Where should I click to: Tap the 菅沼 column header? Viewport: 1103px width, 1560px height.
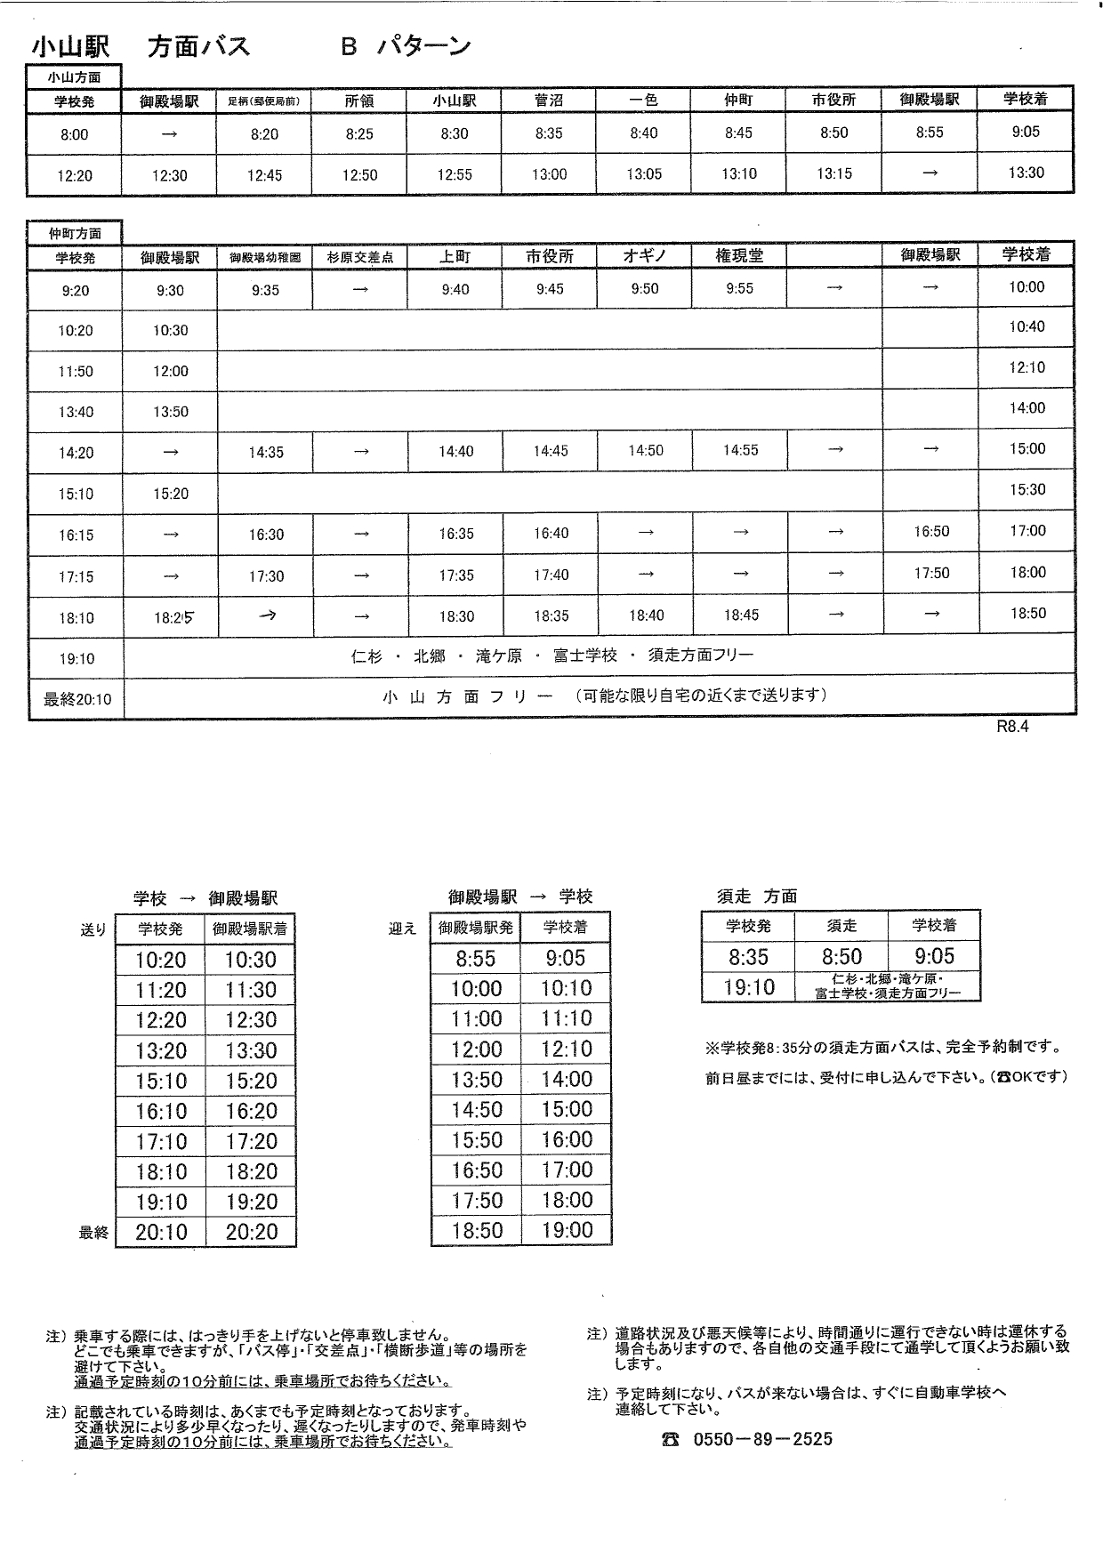tap(549, 101)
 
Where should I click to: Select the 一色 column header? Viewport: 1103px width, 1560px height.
tap(643, 101)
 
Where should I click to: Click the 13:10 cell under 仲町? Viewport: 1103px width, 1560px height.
tap(738, 174)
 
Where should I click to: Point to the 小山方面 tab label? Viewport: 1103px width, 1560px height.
tap(74, 77)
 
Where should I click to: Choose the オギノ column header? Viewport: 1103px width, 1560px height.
tap(645, 256)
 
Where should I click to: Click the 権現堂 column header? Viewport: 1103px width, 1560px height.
tap(739, 256)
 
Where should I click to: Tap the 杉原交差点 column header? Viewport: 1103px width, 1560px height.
tap(359, 258)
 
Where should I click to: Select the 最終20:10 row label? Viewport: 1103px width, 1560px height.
tap(76, 699)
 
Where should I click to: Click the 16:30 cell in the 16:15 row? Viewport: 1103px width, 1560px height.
tap(266, 535)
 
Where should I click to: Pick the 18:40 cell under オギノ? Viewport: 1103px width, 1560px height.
tap(645, 615)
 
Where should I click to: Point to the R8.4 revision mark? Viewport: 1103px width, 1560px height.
tap(1012, 726)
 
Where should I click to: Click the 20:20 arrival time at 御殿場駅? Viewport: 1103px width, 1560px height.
tap(251, 1232)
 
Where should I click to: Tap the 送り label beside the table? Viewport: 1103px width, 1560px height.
tap(93, 930)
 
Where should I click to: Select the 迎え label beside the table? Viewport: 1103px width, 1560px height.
tap(402, 929)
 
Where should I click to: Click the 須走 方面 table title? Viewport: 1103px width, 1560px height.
tap(757, 897)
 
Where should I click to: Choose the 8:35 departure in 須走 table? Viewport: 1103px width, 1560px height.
tap(748, 957)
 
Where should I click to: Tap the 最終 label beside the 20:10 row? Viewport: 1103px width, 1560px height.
tap(93, 1233)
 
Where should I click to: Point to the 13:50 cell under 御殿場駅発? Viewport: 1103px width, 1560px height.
tap(476, 1080)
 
